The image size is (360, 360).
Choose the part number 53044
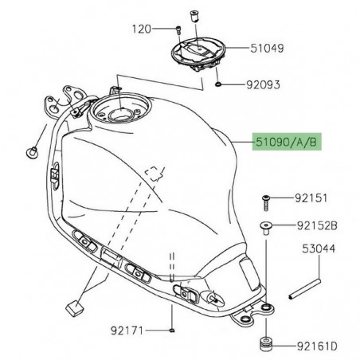[x=319, y=249]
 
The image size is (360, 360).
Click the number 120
[x=142, y=29]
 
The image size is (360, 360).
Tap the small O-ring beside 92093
[x=218, y=82]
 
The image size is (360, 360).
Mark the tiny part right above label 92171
[x=171, y=327]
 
